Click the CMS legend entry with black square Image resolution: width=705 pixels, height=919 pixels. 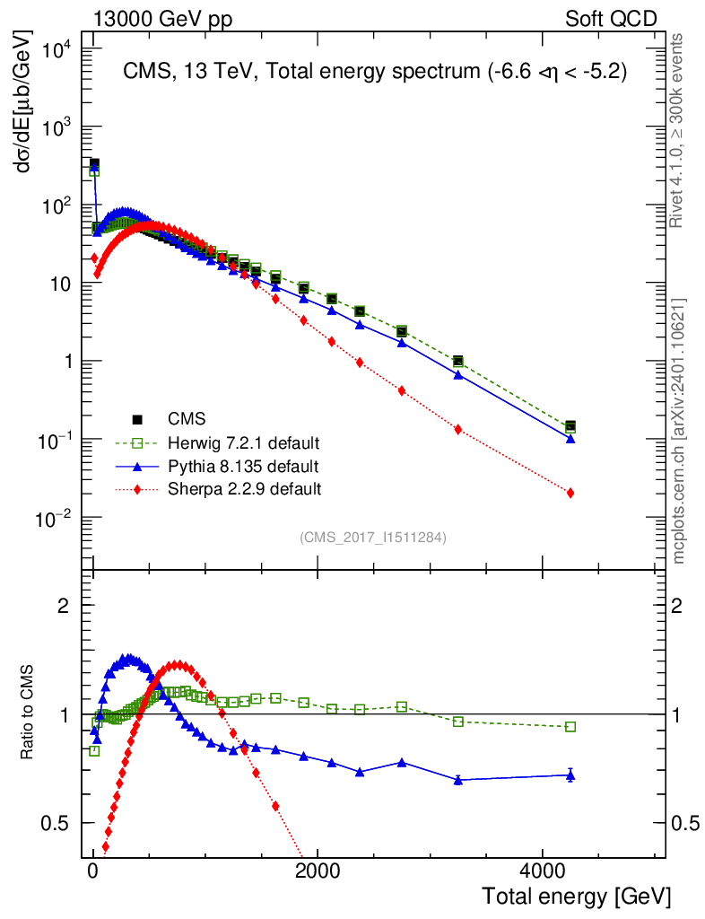tap(187, 418)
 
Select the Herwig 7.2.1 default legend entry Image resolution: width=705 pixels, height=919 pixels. tap(244, 442)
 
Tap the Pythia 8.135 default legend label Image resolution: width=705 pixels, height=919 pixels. tap(243, 466)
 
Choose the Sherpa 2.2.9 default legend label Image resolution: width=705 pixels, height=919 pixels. tap(245, 489)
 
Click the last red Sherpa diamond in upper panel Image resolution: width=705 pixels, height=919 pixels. tap(570, 493)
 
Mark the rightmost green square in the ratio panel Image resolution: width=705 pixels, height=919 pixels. tap(570, 727)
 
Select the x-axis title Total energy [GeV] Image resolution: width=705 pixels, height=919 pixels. tap(576, 896)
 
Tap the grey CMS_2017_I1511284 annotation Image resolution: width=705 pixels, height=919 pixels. tap(373, 538)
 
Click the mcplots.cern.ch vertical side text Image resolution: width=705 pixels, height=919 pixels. tap(679, 431)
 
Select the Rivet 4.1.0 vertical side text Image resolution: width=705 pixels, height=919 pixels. tap(679, 130)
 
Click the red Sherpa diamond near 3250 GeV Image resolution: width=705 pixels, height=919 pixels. tap(458, 429)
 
